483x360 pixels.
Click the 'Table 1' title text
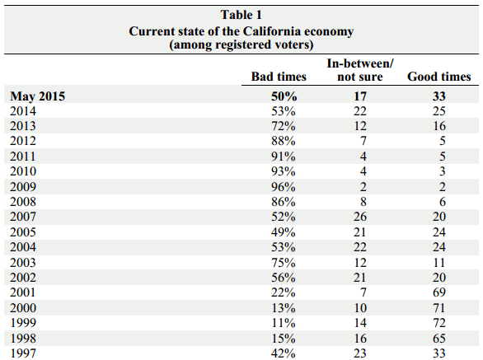(242, 15)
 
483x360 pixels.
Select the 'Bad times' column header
(279, 77)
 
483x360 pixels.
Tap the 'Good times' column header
(439, 77)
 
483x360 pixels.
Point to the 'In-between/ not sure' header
(360, 70)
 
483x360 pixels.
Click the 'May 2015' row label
(38, 96)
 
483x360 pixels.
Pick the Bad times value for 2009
(284, 187)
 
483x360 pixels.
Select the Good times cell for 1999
(439, 323)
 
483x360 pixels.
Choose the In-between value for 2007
(360, 217)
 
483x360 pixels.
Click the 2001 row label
(23, 292)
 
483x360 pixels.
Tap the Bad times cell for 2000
(284, 307)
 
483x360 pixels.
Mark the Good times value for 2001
(439, 292)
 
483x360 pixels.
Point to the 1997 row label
(23, 353)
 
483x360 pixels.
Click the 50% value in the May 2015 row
(284, 96)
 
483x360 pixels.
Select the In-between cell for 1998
(360, 338)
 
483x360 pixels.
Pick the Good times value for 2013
(439, 126)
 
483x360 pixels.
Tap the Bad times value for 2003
(284, 262)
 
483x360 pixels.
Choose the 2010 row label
(23, 171)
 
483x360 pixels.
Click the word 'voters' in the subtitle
(293, 44)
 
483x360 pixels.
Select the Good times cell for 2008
(443, 202)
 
